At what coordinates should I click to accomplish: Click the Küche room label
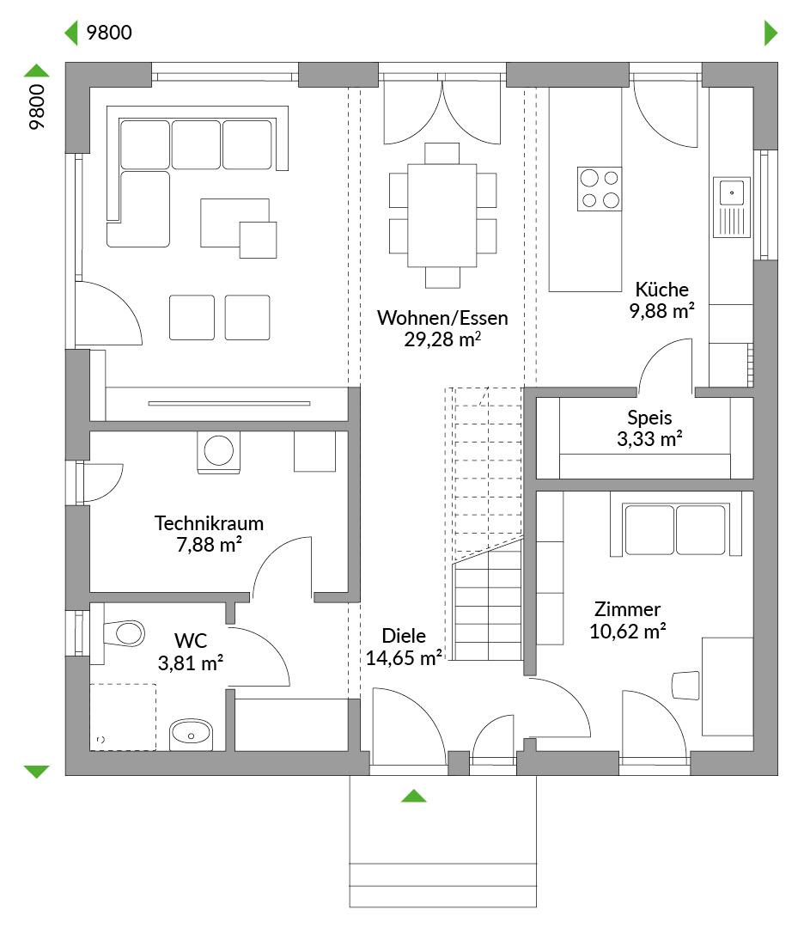(x=661, y=290)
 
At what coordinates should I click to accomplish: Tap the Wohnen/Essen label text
(x=442, y=318)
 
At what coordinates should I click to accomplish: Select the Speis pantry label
(x=649, y=418)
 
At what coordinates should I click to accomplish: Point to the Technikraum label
(x=209, y=523)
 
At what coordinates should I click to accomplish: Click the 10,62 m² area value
(x=627, y=631)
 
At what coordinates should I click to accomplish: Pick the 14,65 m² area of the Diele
(x=404, y=657)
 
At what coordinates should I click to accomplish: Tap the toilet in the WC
(x=125, y=633)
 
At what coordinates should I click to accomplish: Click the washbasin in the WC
(x=191, y=735)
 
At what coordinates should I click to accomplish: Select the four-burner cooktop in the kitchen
(x=600, y=189)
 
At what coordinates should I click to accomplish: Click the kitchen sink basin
(x=732, y=192)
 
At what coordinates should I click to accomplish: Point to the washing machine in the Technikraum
(x=218, y=453)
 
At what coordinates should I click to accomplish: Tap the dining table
(x=442, y=215)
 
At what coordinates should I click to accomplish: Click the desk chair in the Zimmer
(x=686, y=686)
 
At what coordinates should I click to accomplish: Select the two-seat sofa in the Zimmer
(x=676, y=529)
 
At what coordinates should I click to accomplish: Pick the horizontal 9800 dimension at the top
(x=109, y=33)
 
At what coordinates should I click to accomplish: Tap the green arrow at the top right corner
(x=770, y=33)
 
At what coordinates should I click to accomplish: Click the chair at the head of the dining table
(x=442, y=153)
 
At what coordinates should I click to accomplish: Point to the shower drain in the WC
(x=100, y=739)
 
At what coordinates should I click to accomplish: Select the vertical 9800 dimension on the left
(x=37, y=107)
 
